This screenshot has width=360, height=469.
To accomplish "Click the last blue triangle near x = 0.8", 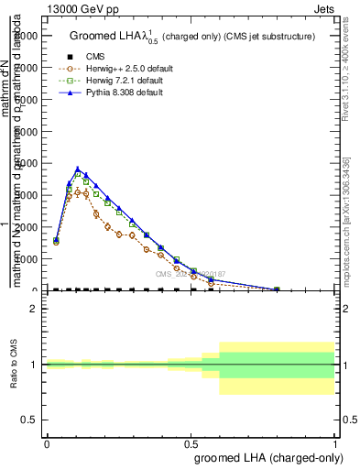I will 277,289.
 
